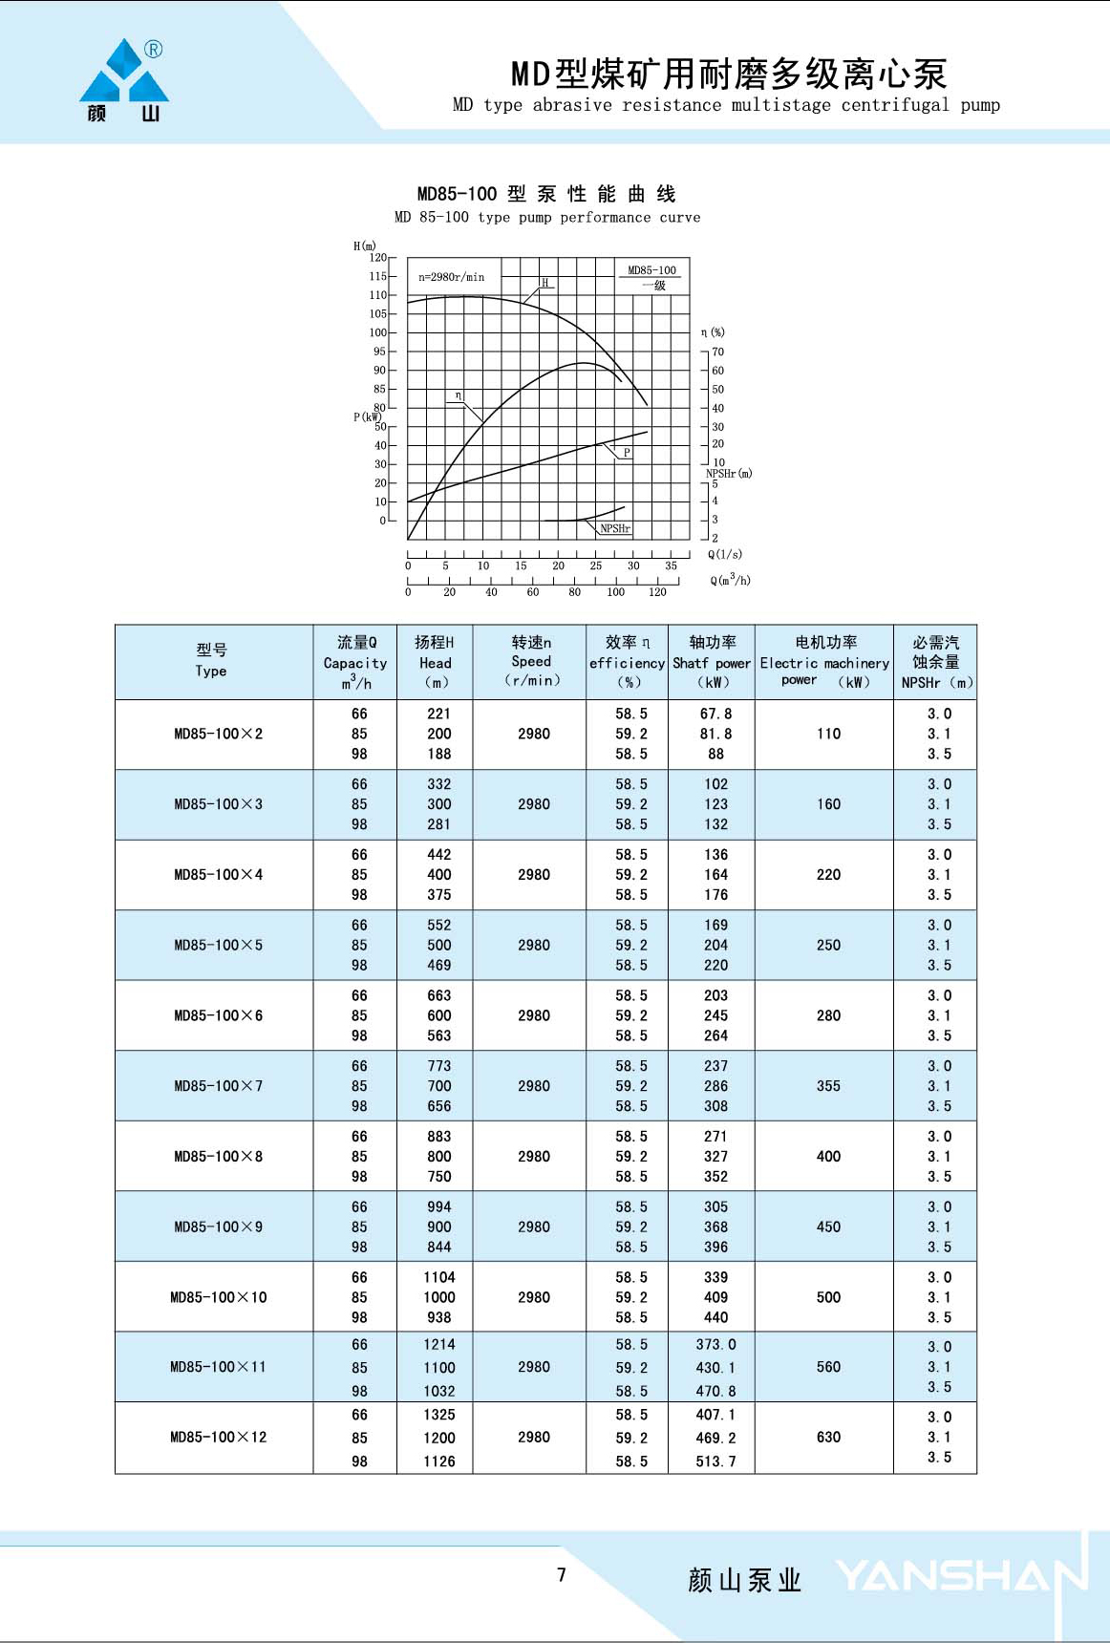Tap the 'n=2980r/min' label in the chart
(x=451, y=277)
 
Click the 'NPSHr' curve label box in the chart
(x=615, y=528)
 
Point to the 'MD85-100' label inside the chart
(x=651, y=270)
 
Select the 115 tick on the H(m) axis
(x=378, y=276)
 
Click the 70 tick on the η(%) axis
(x=717, y=352)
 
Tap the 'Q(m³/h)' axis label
(x=730, y=580)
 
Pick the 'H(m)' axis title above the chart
(x=365, y=246)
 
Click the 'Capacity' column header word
(x=354, y=663)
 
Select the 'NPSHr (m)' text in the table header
(x=936, y=682)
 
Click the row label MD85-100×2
(x=218, y=734)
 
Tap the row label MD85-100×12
(x=218, y=1437)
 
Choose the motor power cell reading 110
(x=828, y=734)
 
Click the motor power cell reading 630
(x=828, y=1437)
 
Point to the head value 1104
(x=439, y=1277)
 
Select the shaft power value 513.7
(x=715, y=1461)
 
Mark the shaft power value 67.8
(x=715, y=714)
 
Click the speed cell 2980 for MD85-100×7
(x=533, y=1086)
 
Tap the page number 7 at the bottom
(x=562, y=1574)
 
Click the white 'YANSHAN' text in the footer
(x=960, y=1576)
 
